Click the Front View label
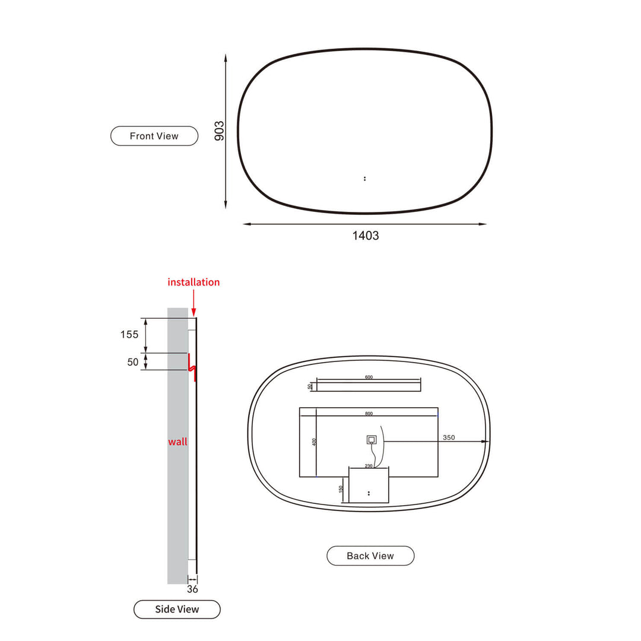tap(154, 136)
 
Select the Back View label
tap(370, 556)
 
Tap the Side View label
tap(177, 609)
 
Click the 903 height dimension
tap(219, 131)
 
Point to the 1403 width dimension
tap(366, 236)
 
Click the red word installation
tap(193, 282)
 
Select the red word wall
tap(177, 442)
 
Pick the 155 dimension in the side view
tap(129, 334)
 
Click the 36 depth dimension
tap(192, 589)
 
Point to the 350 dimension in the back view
tap(449, 437)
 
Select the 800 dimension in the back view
tap(369, 413)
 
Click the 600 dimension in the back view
tap(369, 377)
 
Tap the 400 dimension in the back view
tap(315, 441)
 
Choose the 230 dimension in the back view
tap(369, 466)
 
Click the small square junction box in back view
tap(371, 440)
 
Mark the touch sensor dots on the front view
tap(364, 178)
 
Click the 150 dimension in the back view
tap(341, 488)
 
